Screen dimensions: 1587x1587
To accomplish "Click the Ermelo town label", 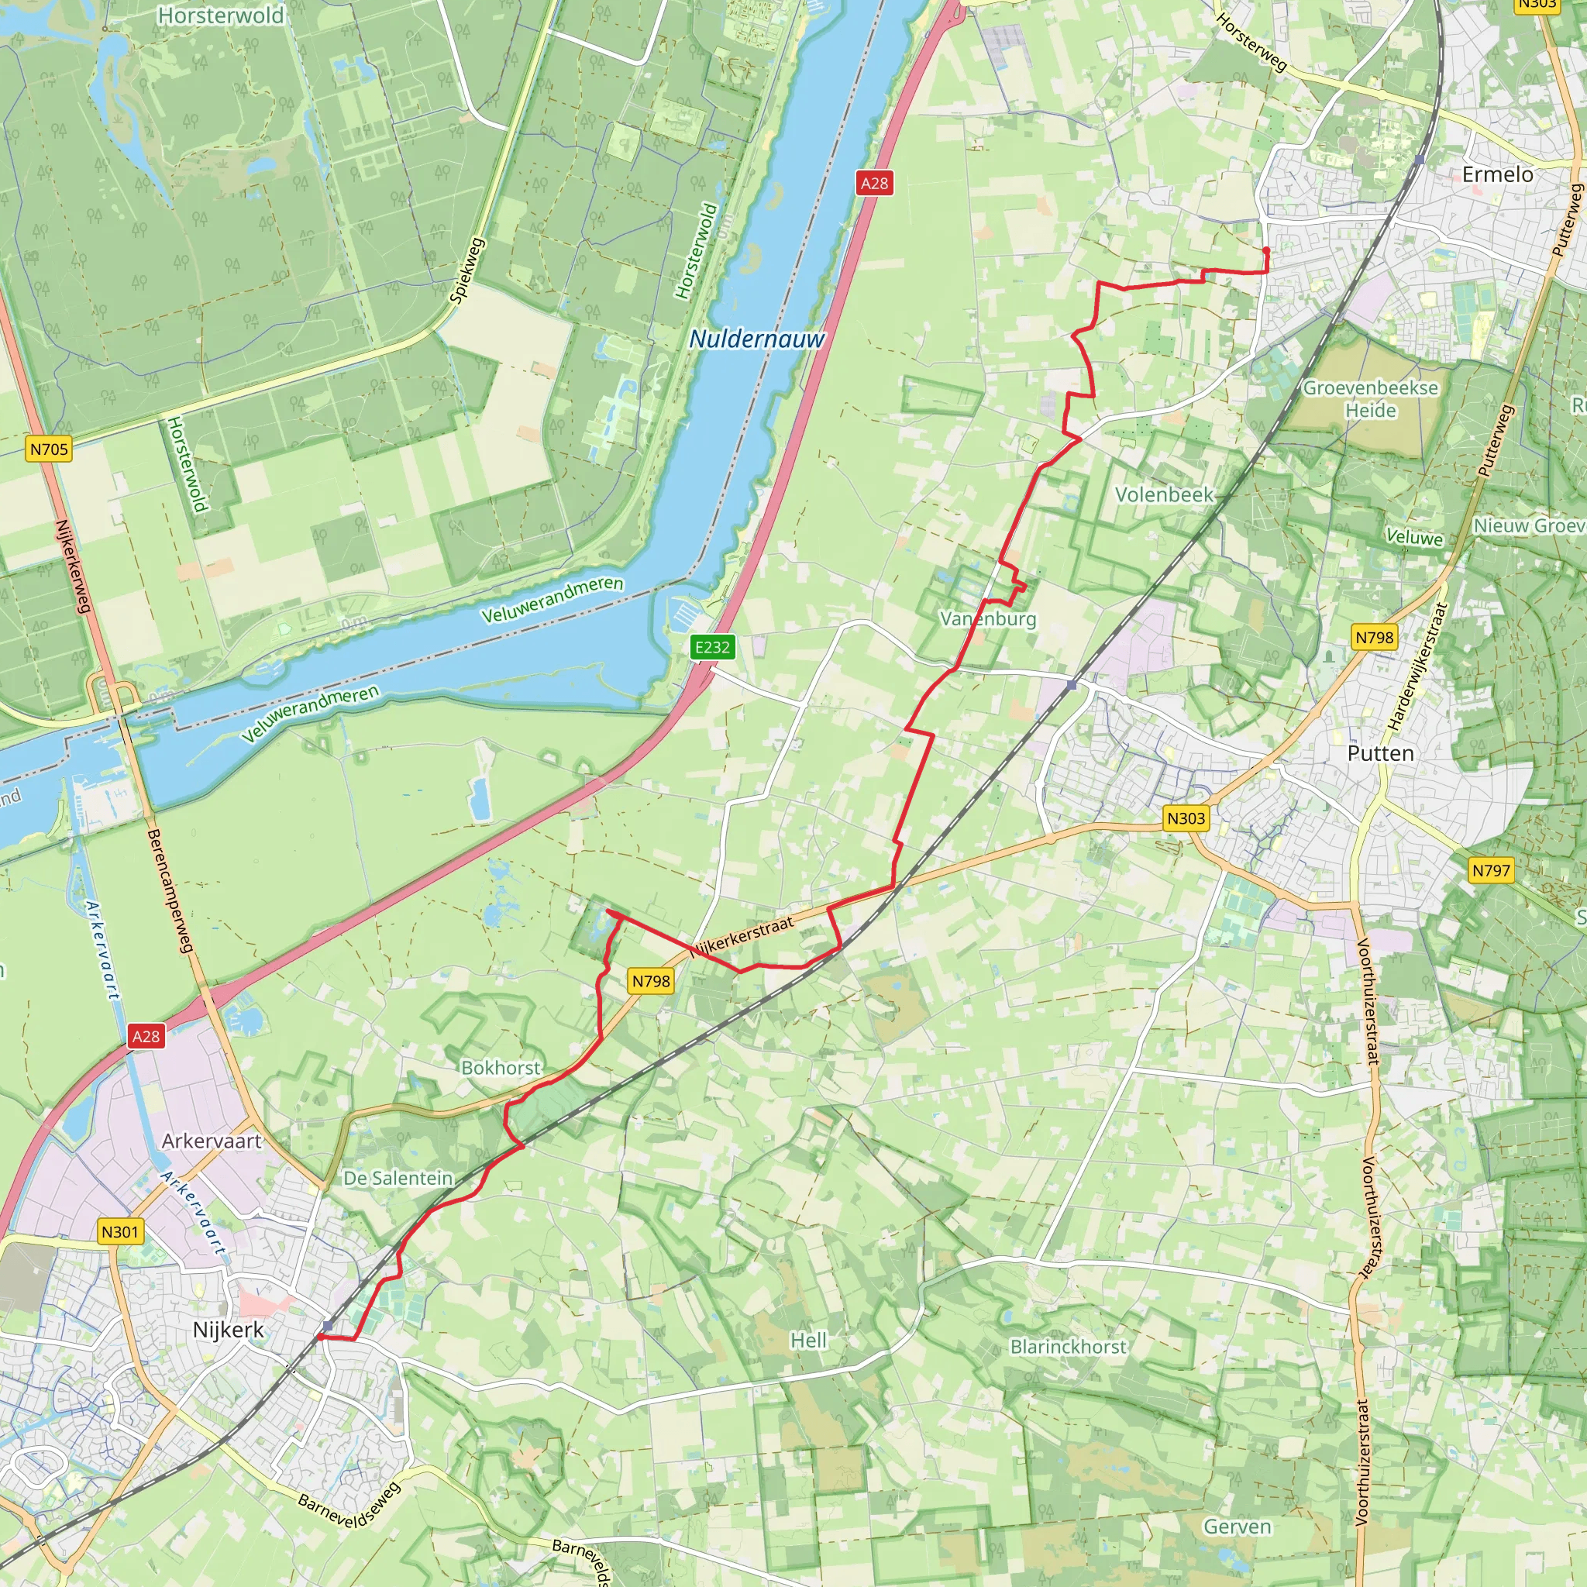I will [x=1496, y=174].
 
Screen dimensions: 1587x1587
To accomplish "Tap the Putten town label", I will [x=1380, y=753].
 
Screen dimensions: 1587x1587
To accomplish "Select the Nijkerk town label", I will [x=229, y=1329].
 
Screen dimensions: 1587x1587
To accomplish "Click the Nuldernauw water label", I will [x=756, y=339].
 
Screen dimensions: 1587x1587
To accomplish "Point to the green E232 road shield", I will [x=711, y=646].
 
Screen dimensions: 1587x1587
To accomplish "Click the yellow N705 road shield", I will [x=49, y=449].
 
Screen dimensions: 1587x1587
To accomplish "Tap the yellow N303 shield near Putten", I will [x=1186, y=818].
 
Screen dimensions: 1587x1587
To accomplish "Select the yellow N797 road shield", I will [x=1490, y=870].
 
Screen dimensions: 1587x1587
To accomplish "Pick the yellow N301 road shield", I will [x=120, y=1231].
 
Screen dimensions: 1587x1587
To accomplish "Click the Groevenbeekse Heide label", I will [x=1370, y=398].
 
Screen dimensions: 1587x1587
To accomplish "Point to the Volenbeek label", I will [x=1163, y=494].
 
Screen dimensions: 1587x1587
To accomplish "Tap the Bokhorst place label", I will [x=501, y=1067].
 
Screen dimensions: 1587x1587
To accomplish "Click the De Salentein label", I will [x=398, y=1178].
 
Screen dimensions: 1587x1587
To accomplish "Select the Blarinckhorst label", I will [x=1068, y=1346].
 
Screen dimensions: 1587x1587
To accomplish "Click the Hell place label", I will [x=808, y=1340].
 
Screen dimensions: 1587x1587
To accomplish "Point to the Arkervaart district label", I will [x=211, y=1141].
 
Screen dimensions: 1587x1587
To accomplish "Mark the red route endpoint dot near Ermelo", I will [x=1266, y=250].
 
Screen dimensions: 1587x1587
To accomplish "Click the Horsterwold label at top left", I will [x=220, y=15].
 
